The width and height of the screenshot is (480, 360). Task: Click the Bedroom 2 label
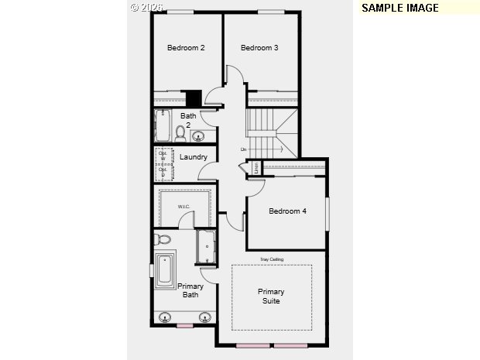(186, 48)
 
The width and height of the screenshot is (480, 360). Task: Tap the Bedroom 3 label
(259, 48)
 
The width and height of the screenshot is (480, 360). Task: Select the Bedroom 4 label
(287, 211)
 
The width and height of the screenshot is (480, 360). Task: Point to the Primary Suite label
(271, 296)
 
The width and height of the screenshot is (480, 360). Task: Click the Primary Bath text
(191, 290)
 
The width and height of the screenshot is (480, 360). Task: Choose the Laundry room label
(194, 157)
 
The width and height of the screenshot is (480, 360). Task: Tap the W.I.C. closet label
(184, 207)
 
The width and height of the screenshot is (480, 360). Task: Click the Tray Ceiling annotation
(271, 259)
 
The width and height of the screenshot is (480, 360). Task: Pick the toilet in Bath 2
(180, 134)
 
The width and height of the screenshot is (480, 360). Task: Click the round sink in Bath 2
(198, 137)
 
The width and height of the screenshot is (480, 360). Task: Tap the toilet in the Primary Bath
(162, 238)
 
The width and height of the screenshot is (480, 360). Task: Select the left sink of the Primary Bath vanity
(165, 317)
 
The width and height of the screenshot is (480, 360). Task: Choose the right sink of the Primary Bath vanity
(205, 317)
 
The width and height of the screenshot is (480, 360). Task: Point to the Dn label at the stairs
(243, 149)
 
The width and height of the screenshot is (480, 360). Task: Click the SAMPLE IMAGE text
(399, 8)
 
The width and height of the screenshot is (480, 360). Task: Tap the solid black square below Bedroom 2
(194, 98)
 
